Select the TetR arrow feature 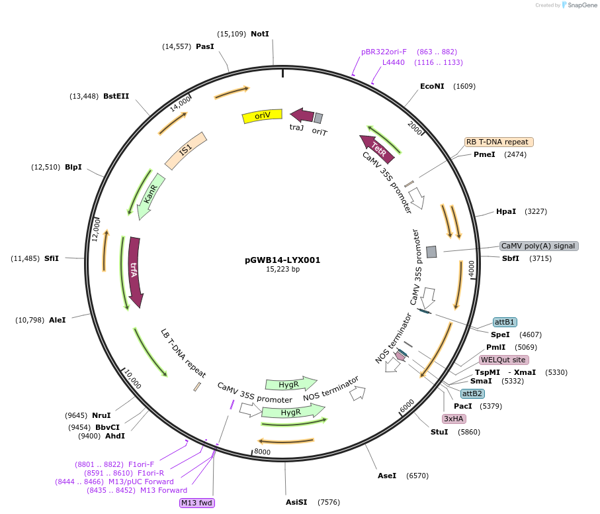coord(377,148)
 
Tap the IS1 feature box coord(186,150)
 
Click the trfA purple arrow coord(135,271)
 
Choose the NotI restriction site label coord(259,34)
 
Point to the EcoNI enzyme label coord(433,86)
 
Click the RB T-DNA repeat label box coord(497,142)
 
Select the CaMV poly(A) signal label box coord(538,246)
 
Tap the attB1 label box coord(505,322)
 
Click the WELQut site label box coord(503,360)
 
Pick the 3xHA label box coord(454,419)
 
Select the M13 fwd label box coord(197,503)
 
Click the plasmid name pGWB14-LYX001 coord(282,260)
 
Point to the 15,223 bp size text coord(282,270)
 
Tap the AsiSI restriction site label coord(296,502)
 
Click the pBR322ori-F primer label coord(384,52)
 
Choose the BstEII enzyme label coord(116,96)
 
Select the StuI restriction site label coord(439,432)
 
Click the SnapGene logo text coord(580,5)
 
